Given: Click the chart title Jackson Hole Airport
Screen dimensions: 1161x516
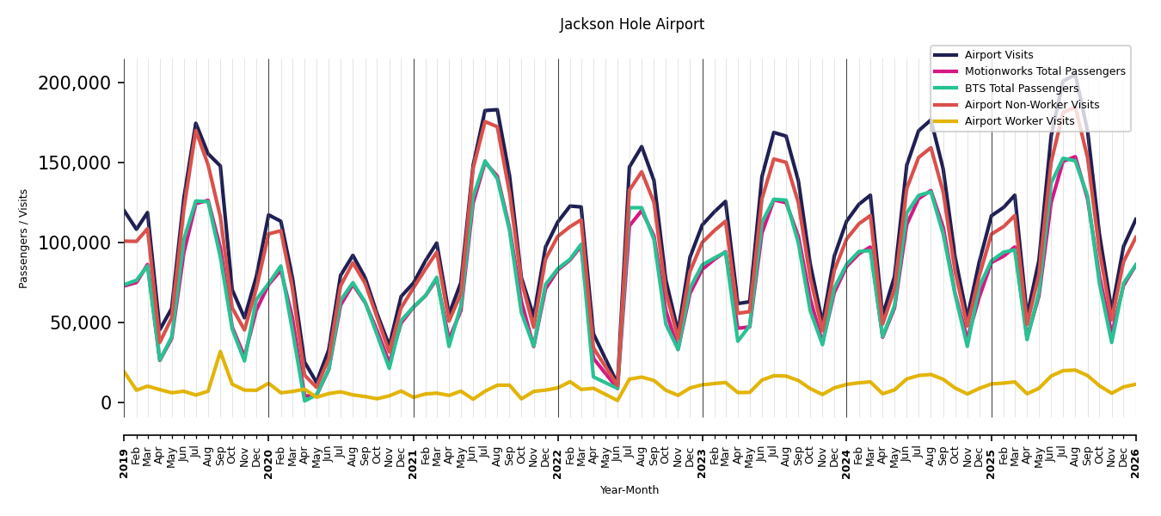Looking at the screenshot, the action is [x=632, y=24].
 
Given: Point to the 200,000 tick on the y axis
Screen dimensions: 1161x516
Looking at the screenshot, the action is [x=75, y=83].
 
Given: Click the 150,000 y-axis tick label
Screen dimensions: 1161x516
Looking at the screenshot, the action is [x=75, y=163].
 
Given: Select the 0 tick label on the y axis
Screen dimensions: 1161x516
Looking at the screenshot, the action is [x=107, y=402].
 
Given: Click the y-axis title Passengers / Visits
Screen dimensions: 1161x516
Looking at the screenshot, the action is [x=23, y=239].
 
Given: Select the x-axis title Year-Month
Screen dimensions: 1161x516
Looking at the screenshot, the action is [x=630, y=490].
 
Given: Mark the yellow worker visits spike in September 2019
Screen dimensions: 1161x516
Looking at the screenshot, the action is [x=220, y=352].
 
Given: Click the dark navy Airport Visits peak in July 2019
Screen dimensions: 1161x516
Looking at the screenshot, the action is [x=195, y=123].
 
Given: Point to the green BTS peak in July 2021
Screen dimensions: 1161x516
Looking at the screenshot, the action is [x=485, y=161].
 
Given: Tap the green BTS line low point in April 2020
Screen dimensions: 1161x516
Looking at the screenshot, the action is [x=304, y=401].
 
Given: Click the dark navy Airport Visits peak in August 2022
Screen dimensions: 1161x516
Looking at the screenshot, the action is [x=642, y=146].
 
